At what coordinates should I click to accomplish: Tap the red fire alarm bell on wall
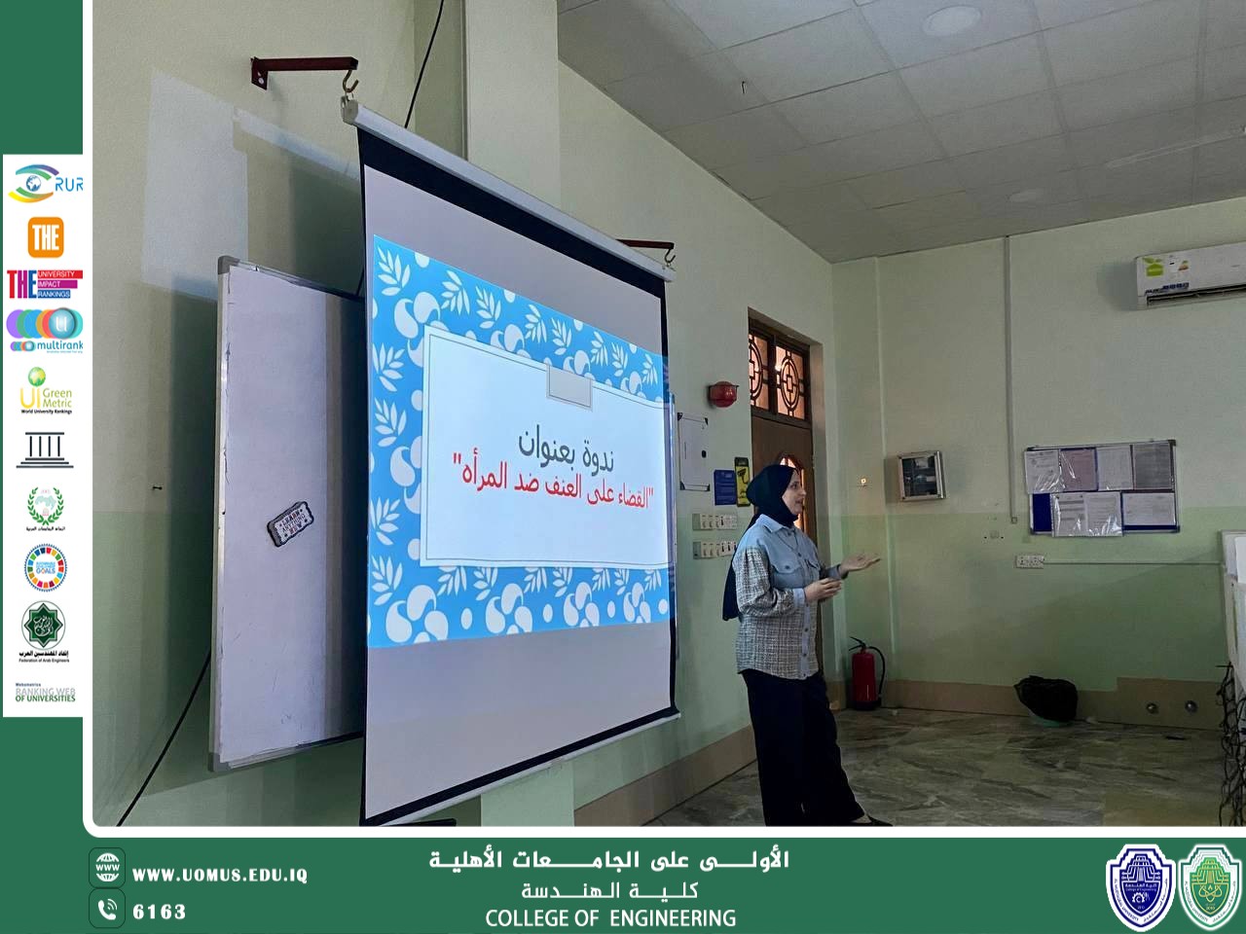(722, 394)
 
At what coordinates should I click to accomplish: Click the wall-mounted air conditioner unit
(1190, 281)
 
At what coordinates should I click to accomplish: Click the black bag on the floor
(1047, 700)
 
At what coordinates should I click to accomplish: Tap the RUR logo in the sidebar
(45, 183)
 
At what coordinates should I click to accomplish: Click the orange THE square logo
(45, 236)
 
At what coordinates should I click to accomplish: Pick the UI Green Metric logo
(45, 390)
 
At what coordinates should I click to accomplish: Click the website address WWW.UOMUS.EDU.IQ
(220, 875)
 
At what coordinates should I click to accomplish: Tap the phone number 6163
(159, 912)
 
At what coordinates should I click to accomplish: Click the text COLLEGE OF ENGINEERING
(610, 917)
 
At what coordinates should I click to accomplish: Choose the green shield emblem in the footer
(1210, 883)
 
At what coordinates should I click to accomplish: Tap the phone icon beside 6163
(107, 910)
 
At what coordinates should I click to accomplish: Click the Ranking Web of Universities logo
(45, 693)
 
